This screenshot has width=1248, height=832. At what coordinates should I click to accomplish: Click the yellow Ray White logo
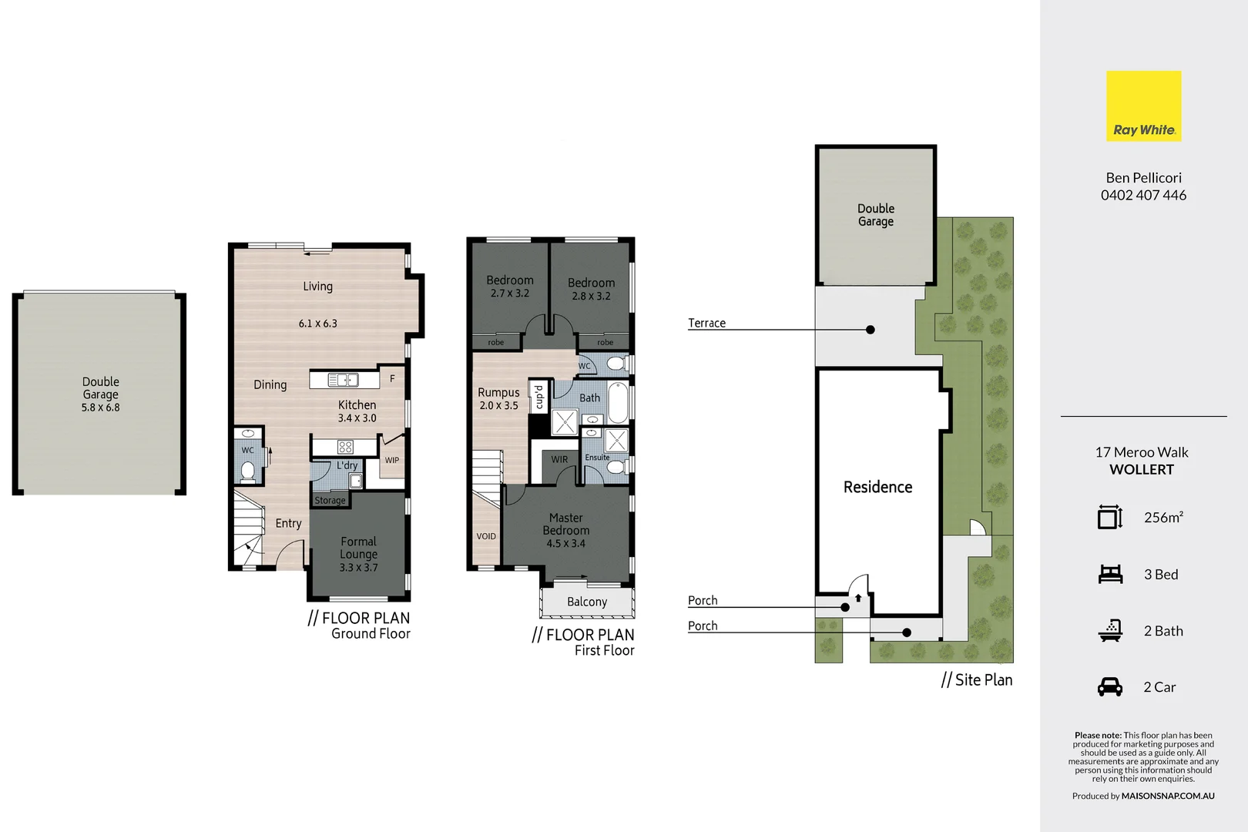1143,106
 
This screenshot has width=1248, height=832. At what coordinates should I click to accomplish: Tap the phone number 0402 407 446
1143,195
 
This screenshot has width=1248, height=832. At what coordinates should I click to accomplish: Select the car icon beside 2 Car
1109,686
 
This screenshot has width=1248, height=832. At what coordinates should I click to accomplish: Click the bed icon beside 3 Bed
1109,574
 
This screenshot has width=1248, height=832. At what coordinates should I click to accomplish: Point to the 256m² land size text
1163,518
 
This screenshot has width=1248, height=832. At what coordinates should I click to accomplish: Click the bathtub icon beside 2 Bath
1109,630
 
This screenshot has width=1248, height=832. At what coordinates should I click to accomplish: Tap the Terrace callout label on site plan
706,323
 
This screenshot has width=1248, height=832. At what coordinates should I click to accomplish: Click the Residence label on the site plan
877,487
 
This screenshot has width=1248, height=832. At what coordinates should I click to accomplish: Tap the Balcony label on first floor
587,602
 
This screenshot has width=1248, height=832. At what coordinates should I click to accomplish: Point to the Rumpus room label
498,392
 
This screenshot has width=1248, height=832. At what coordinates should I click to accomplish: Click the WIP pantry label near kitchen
391,460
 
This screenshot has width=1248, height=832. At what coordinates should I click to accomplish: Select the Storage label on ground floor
330,500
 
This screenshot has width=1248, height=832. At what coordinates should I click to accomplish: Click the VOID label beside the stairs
486,536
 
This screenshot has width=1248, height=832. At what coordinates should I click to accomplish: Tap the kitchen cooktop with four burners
345,447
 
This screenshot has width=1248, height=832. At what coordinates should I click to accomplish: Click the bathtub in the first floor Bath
618,402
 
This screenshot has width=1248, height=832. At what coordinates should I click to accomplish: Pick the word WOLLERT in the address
1142,469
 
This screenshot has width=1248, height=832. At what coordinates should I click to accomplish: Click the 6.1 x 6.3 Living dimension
317,324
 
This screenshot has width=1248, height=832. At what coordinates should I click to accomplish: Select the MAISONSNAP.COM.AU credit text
1167,796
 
